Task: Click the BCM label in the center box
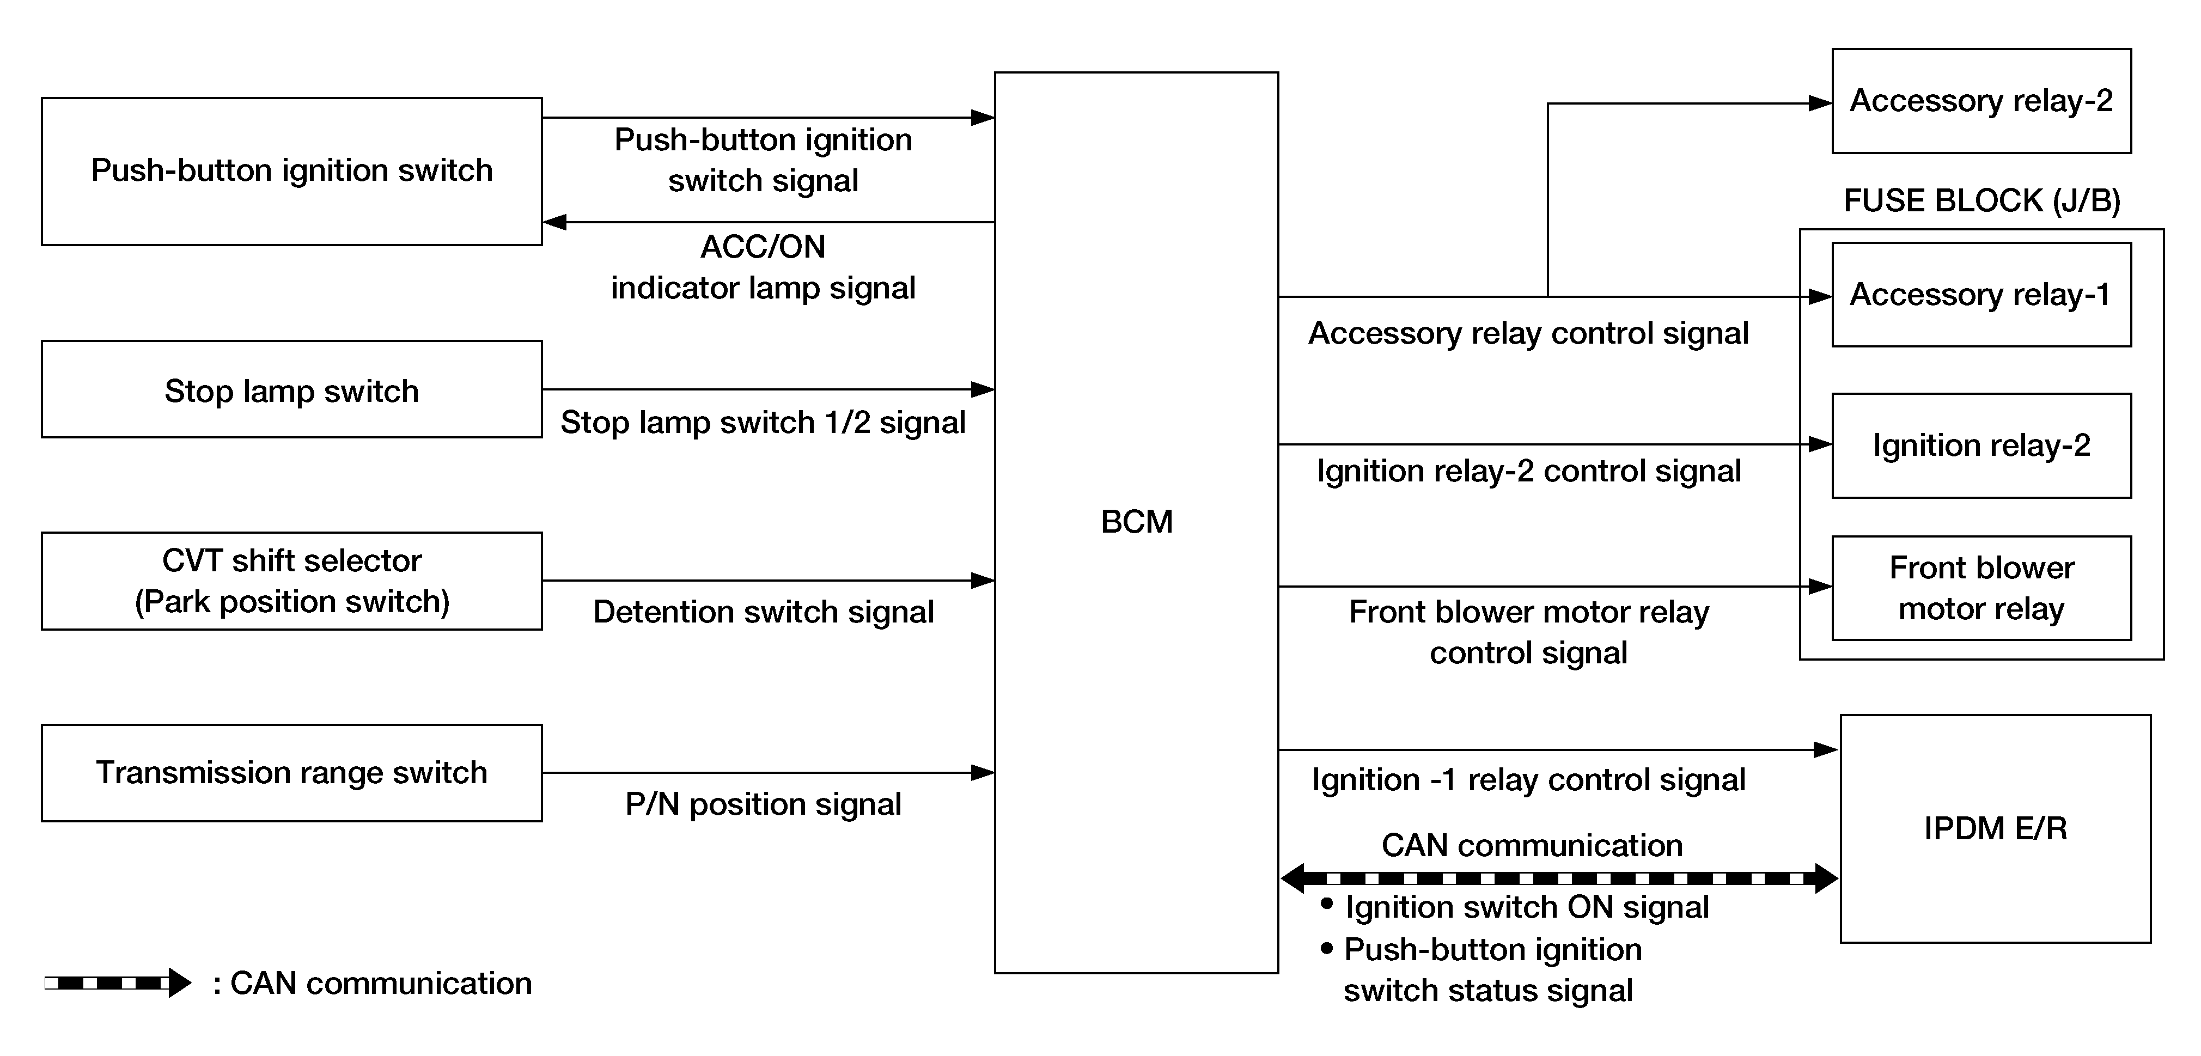click(x=1136, y=521)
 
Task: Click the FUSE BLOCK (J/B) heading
click(x=1981, y=201)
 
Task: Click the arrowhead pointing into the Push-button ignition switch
click(x=554, y=222)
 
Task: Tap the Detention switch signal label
click(x=763, y=612)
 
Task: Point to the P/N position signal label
click(x=763, y=804)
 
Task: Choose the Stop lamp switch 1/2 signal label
click(x=763, y=422)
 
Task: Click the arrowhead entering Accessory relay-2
click(x=1820, y=103)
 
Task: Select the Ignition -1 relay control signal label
click(x=1528, y=779)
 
